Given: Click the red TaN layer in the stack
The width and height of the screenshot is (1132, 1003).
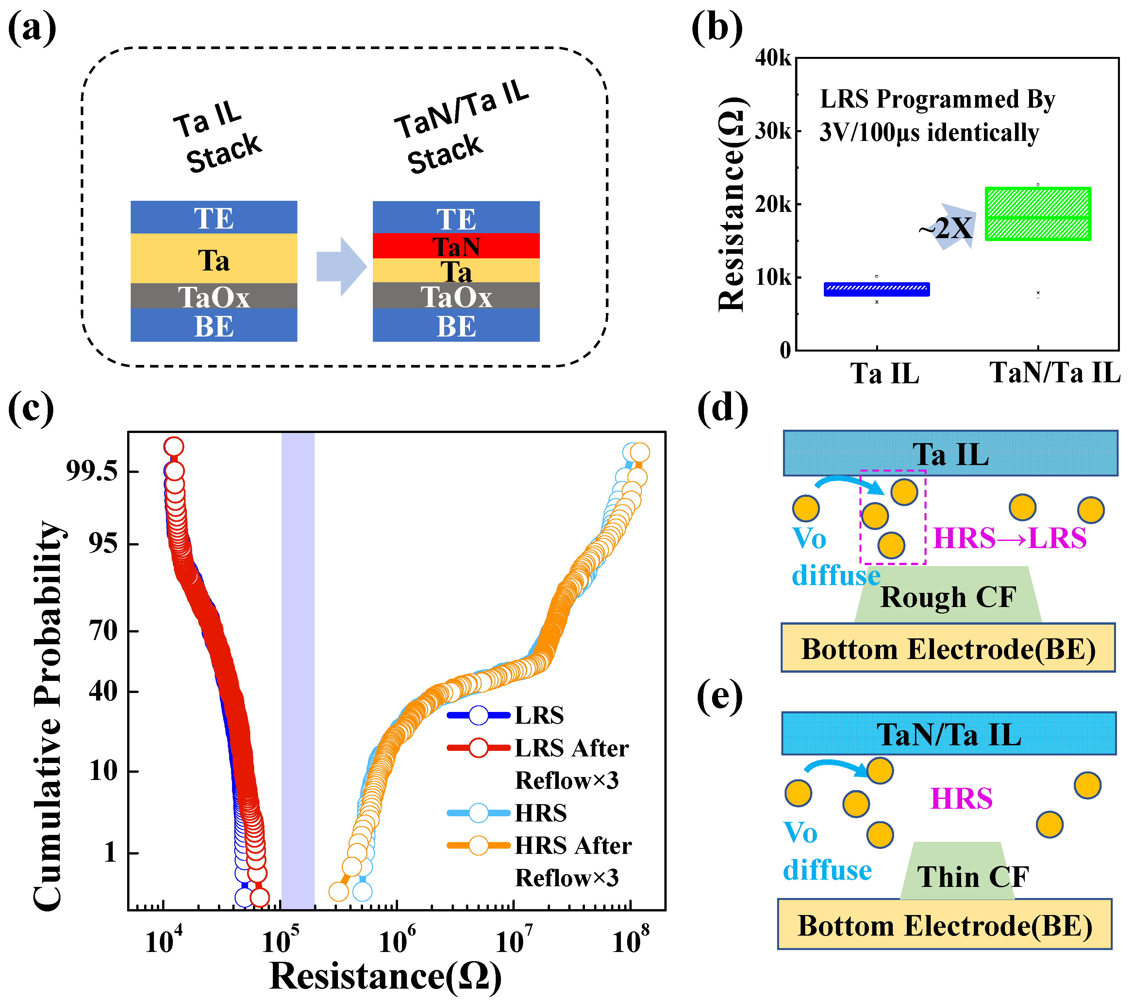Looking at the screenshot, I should point(456,246).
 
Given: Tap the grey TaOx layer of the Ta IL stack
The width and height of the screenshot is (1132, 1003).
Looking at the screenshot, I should point(214,296).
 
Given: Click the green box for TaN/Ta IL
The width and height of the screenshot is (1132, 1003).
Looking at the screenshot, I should point(1037,214).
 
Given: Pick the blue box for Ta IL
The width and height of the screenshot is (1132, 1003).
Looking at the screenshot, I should point(876,289).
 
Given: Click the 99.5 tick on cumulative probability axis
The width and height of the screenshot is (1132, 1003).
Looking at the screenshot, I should point(92,471).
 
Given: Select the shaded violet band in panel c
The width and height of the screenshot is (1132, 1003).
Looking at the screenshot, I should point(298,670).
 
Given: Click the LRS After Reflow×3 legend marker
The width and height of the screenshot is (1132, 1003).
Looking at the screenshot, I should point(478,748).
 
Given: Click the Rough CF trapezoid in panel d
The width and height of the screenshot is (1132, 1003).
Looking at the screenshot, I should point(948,596).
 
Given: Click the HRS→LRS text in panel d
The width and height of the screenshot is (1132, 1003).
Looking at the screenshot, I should point(1009,538).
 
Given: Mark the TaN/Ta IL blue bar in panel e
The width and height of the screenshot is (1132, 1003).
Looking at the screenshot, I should point(948,734).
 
